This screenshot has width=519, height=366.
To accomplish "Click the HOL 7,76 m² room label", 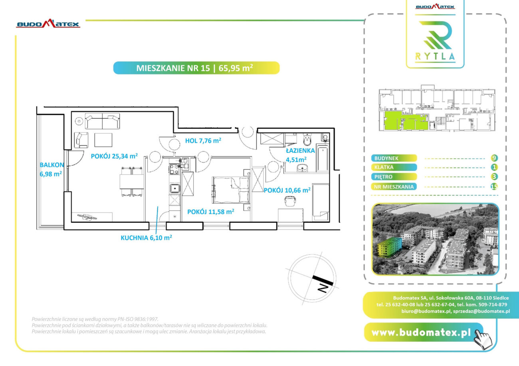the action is [x=203, y=141].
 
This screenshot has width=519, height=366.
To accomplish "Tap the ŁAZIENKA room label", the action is [x=300, y=151].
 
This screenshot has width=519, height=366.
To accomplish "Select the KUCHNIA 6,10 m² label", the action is [x=146, y=238].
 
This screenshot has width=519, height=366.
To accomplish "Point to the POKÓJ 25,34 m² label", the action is [x=114, y=156].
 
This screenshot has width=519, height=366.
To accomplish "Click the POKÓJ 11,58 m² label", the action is [x=211, y=212].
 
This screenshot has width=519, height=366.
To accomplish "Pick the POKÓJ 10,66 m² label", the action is [x=287, y=190].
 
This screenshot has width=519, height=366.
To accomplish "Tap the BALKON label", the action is [x=52, y=165].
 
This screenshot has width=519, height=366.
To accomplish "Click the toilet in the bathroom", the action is [x=307, y=139].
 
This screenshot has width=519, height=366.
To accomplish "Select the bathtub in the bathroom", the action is [x=323, y=159].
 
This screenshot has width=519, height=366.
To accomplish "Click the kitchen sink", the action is [x=175, y=189].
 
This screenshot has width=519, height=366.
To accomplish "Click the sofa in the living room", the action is [x=102, y=121].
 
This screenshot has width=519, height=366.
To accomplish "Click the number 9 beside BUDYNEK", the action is [x=494, y=158].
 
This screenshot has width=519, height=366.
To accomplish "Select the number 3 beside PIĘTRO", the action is [x=494, y=177].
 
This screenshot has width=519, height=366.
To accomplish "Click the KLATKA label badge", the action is [x=394, y=167].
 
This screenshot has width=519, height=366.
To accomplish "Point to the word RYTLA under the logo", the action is [x=435, y=56].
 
